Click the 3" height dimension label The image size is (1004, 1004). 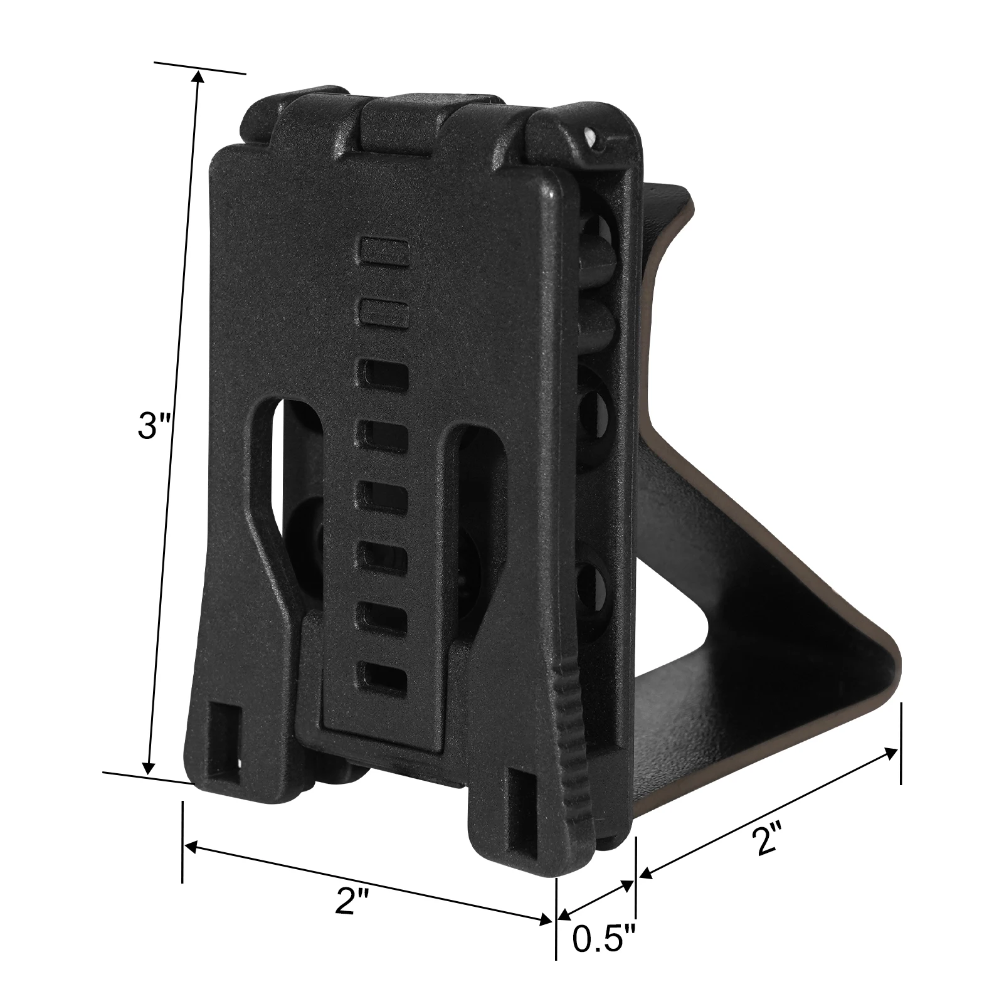(154, 426)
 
